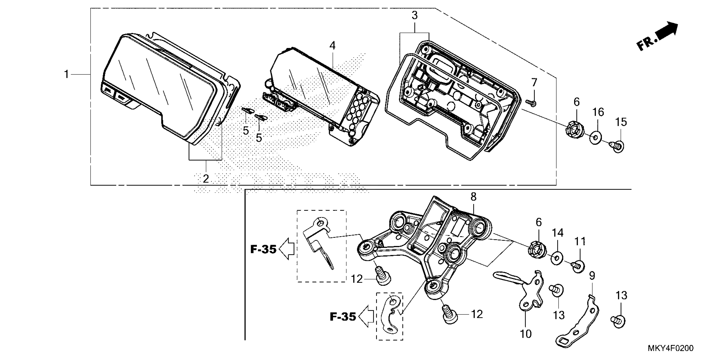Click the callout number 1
[66, 74]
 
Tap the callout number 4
[332, 46]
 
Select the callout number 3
[414, 15]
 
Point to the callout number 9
[592, 276]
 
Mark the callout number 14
[557, 233]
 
